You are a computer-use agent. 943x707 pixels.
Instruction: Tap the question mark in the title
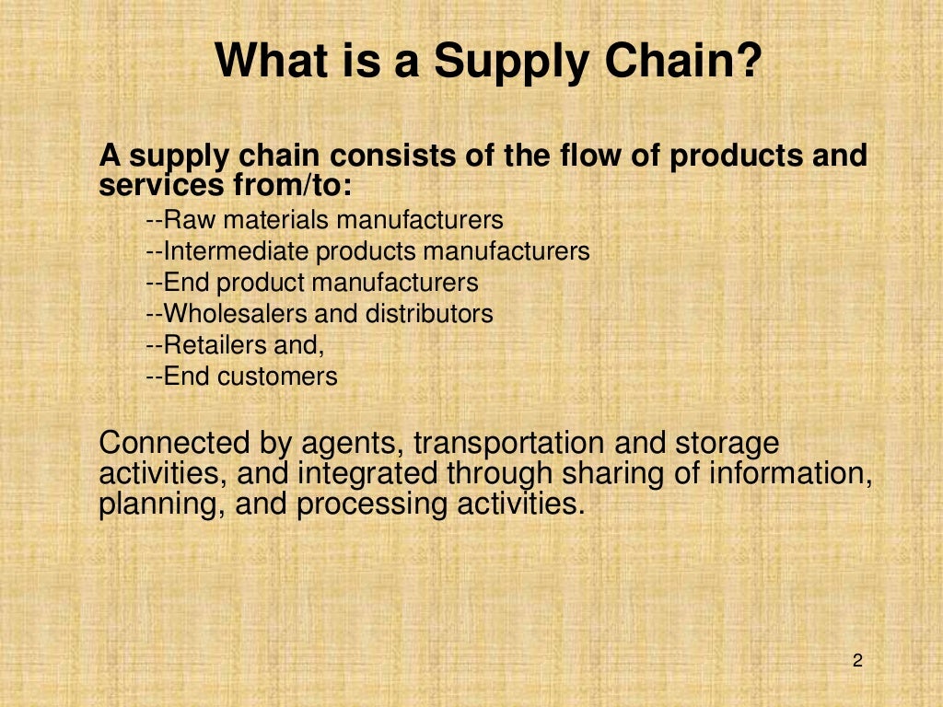pos(750,62)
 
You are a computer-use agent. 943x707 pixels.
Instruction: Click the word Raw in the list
pos(190,220)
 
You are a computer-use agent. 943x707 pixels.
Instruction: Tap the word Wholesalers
pos(237,314)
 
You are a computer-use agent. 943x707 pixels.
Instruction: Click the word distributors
pos(429,314)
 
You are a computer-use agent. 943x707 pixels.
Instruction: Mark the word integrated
pos(369,474)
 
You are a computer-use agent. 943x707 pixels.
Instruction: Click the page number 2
pos(857,660)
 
